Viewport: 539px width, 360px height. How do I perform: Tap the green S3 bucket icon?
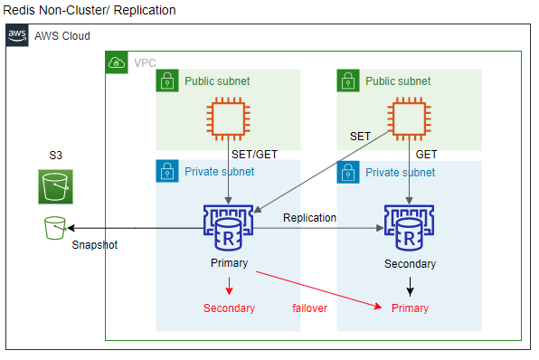[55, 188]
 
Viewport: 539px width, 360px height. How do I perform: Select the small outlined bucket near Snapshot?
[55, 228]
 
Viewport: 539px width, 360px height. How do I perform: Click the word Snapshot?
[95, 245]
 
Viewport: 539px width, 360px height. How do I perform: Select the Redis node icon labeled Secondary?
[409, 227]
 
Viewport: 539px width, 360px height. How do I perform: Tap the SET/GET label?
[254, 155]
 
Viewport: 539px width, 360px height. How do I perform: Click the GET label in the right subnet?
[426, 155]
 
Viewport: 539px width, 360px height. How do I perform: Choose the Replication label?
[309, 218]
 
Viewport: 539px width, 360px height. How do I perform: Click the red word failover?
[309, 308]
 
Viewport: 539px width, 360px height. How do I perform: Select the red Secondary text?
[229, 308]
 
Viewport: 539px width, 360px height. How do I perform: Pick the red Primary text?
[410, 308]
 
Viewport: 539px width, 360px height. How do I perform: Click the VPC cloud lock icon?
[117, 62]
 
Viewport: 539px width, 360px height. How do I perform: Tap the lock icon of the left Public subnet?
[166, 81]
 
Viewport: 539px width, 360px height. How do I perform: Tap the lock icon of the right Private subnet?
[347, 172]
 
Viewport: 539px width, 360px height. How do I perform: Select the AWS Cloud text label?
[62, 36]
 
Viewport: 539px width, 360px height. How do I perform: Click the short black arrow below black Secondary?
[410, 287]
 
